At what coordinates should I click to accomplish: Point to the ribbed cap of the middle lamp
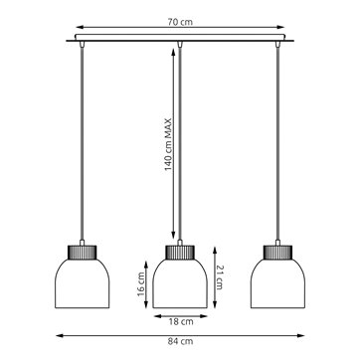179,252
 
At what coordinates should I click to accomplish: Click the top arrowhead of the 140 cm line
179,50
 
